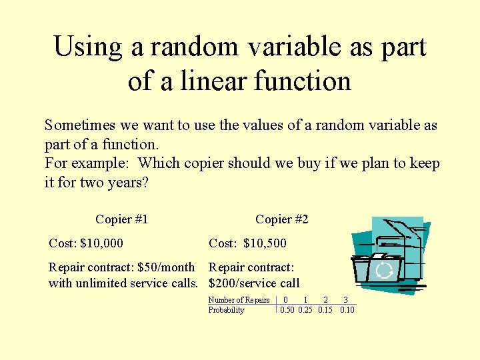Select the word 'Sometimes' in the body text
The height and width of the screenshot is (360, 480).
pyautogui.click(x=78, y=125)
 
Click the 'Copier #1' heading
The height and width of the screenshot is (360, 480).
pyautogui.click(x=121, y=219)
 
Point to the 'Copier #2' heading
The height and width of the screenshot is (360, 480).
pyautogui.click(x=281, y=219)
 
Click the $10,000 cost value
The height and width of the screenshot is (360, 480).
pyautogui.click(x=101, y=244)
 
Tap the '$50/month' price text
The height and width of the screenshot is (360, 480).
pyautogui.click(x=165, y=268)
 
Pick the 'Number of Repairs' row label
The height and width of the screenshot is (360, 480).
pyautogui.click(x=239, y=300)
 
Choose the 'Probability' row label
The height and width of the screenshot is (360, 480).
pyautogui.click(x=226, y=310)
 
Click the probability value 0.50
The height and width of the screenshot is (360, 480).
pyautogui.click(x=287, y=310)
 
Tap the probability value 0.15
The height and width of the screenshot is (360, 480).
pyautogui.click(x=325, y=310)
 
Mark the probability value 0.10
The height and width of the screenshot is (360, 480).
pyautogui.click(x=347, y=310)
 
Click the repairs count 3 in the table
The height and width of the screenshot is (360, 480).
pyautogui.click(x=345, y=300)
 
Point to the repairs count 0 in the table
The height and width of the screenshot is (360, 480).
pyautogui.click(x=286, y=300)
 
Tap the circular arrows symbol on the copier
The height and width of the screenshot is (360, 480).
pyautogui.click(x=384, y=271)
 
